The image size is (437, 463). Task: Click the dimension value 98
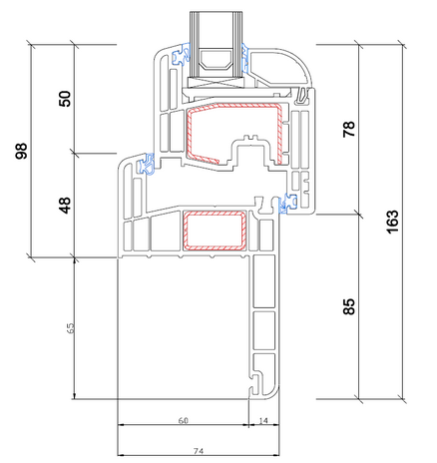22,151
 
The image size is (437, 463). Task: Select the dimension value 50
65,99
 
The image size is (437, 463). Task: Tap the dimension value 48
65,206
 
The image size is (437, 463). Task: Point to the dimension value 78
349,129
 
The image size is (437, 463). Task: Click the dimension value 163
392,222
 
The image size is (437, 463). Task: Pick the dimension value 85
349,306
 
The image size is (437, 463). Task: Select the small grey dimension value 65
71,328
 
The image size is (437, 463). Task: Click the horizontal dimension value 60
184,420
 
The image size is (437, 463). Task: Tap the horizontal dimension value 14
263,420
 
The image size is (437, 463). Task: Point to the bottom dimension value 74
199,451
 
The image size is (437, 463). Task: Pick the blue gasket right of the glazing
245,57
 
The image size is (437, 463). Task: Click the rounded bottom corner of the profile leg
274,394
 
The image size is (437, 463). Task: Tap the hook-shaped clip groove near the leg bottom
255,382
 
